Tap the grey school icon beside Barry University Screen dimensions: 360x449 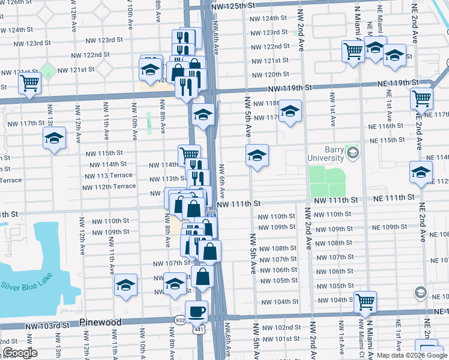[x=353, y=152]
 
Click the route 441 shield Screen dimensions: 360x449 [x=197, y=330]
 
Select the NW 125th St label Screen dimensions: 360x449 [x=234, y=5]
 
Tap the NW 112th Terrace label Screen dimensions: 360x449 [x=110, y=187]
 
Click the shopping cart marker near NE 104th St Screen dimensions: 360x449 [x=364, y=302]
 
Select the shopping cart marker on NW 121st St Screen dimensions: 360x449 [x=29, y=83]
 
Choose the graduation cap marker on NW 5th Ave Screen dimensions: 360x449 [x=256, y=156]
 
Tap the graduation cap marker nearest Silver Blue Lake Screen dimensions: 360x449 [x=125, y=285]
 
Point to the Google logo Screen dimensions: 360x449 [x=20, y=353]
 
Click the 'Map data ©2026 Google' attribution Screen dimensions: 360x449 [x=412, y=355]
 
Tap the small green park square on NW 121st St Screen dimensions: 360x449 [x=47, y=71]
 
